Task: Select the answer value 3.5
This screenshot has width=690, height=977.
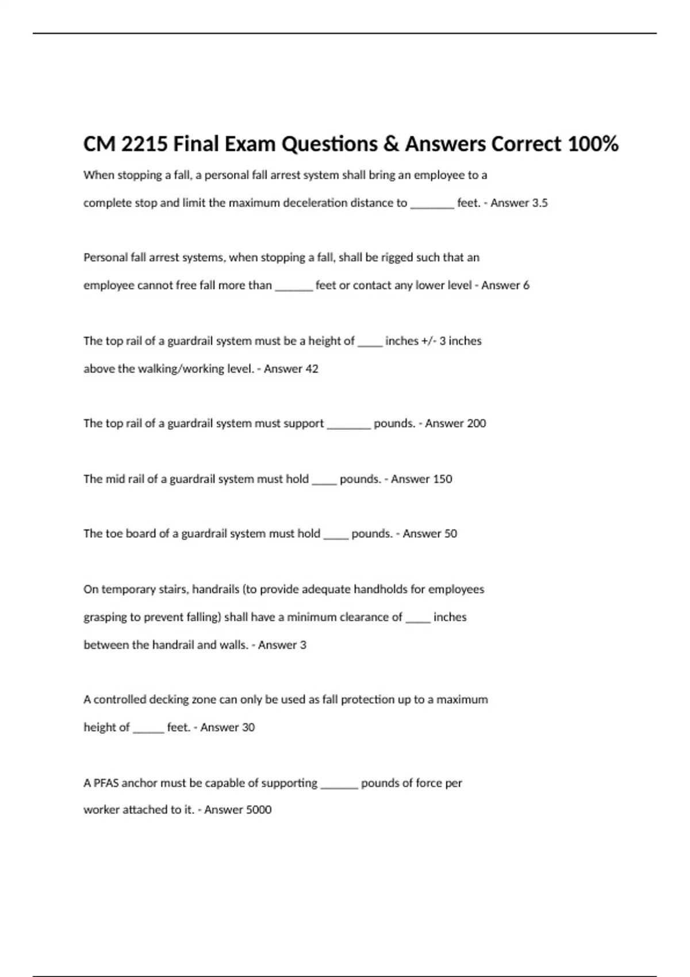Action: point(539,203)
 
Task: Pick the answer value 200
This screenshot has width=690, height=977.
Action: point(476,424)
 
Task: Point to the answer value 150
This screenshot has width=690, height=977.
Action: point(442,479)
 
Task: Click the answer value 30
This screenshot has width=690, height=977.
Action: point(248,728)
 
